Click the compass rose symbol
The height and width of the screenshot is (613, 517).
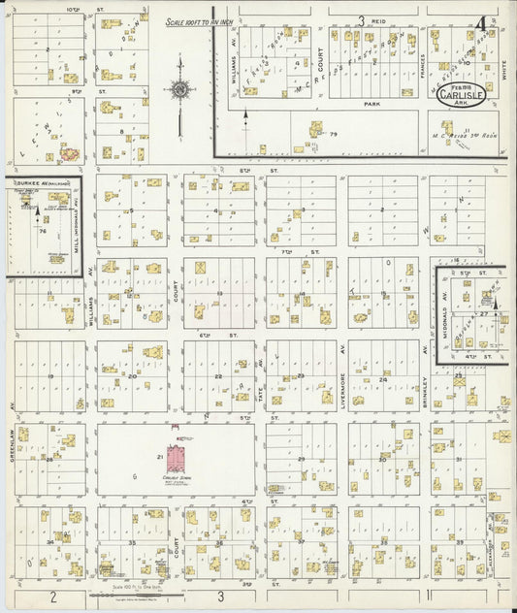click(180, 91)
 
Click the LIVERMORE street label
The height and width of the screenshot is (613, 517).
click(343, 361)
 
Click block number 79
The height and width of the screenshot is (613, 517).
click(333, 133)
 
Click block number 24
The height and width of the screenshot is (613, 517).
click(384, 380)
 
